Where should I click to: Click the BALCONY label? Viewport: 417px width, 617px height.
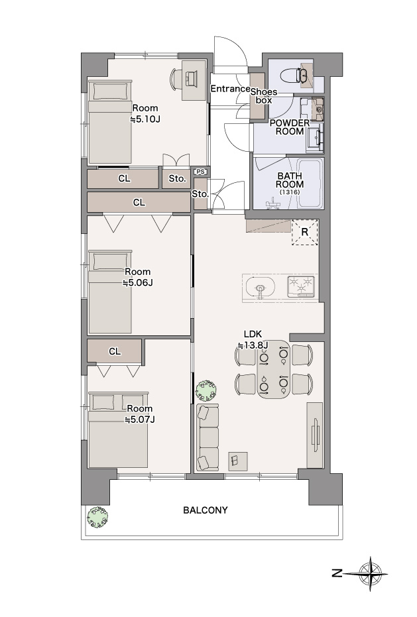(x=205, y=510)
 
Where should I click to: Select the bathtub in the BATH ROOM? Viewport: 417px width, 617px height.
(x=310, y=183)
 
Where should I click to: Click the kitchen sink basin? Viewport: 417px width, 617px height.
(x=260, y=287)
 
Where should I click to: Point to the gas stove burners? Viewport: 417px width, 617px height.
(x=302, y=286)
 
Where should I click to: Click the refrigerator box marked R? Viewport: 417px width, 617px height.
(x=304, y=232)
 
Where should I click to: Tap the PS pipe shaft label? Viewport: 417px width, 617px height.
(x=200, y=172)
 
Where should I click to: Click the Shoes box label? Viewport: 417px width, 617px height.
(x=264, y=96)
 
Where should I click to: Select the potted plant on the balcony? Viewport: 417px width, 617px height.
(x=97, y=517)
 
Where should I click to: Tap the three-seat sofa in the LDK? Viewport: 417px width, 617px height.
(x=208, y=437)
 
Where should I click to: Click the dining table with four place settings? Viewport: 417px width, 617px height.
(x=273, y=370)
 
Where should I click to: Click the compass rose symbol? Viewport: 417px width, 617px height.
(x=370, y=574)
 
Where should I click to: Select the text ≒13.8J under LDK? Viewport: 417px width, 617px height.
(x=253, y=345)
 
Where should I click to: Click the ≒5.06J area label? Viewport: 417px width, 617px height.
(x=137, y=282)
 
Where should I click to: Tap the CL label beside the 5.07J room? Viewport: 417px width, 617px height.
(x=115, y=351)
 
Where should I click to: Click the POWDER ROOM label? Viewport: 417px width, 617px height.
(x=290, y=127)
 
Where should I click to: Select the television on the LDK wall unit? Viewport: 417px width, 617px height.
(x=315, y=435)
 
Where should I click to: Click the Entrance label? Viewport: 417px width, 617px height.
(x=230, y=89)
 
